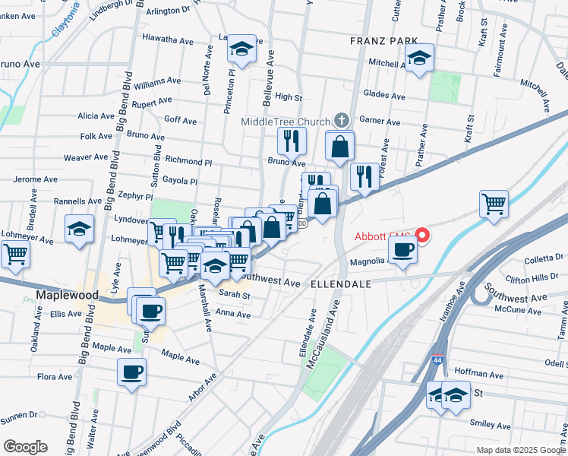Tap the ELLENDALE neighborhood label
point(340,283)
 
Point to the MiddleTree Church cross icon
point(342,121)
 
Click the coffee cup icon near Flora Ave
point(131,372)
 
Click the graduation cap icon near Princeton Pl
point(241,51)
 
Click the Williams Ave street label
point(156,80)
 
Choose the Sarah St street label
point(234,293)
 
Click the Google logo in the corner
point(25,446)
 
